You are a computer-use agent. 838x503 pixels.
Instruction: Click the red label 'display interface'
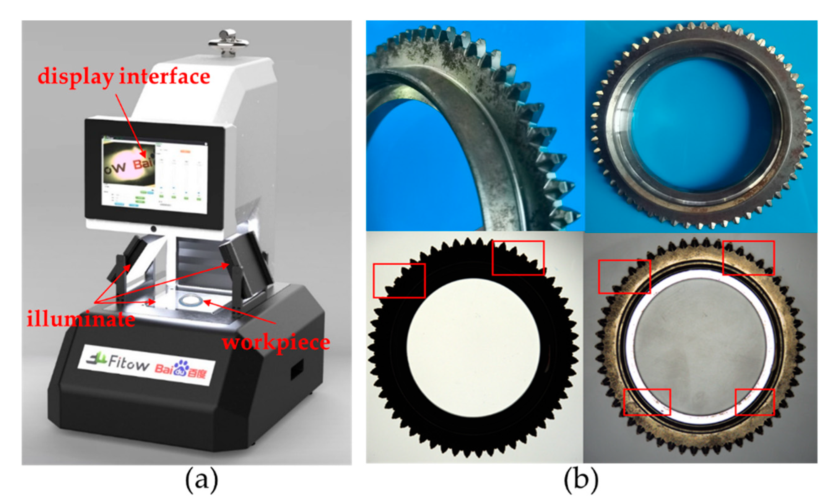pyautogui.click(x=124, y=77)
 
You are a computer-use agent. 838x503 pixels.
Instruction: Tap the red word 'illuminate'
pyautogui.click(x=80, y=319)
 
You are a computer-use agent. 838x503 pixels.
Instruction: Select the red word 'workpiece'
pyautogui.click(x=276, y=342)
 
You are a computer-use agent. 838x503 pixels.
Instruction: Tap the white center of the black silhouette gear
pyautogui.click(x=473, y=347)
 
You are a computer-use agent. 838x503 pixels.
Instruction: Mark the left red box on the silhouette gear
pyautogui.click(x=399, y=281)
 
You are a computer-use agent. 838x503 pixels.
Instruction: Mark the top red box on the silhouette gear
pyautogui.click(x=518, y=258)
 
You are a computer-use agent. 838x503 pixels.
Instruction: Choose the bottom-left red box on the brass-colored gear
pyautogui.click(x=647, y=402)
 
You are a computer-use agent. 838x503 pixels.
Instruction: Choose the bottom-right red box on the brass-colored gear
pyautogui.click(x=755, y=402)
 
